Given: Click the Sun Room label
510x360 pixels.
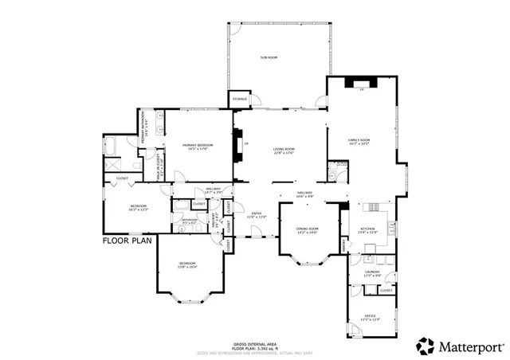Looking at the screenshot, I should (268, 57).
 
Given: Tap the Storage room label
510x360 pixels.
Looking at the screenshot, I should (240, 100).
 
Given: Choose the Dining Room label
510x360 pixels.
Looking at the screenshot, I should (308, 231).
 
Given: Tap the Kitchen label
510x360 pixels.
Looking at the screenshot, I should (367, 230).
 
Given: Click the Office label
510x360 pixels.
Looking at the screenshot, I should (370, 318).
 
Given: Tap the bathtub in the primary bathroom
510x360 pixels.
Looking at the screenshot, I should (110, 147).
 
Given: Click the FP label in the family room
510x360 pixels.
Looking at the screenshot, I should (361, 90).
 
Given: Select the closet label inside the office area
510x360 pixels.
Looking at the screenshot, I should (386, 291).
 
